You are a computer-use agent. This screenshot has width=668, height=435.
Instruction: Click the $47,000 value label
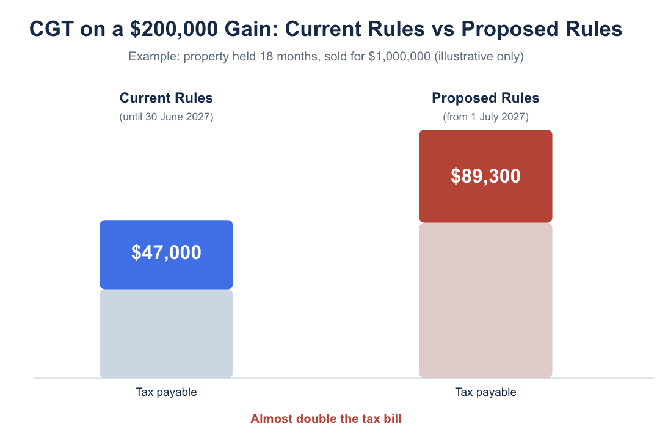(166, 252)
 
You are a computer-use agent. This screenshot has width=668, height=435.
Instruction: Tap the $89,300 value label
(485, 176)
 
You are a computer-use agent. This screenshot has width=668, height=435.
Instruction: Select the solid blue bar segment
(166, 255)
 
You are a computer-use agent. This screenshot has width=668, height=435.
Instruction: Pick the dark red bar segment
(485, 176)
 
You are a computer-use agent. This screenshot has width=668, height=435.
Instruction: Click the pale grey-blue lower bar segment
(166, 334)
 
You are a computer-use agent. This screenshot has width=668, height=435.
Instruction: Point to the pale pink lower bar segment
(485, 300)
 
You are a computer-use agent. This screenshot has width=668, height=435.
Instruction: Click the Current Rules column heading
(166, 98)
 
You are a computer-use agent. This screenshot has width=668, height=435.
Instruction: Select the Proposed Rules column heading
(485, 98)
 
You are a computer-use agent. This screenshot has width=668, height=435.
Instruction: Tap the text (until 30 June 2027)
(166, 117)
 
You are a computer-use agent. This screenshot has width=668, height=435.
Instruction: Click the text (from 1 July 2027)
(485, 117)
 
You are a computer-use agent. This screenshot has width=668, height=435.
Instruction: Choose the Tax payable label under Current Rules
(166, 392)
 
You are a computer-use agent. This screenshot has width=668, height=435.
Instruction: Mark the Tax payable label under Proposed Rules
(485, 392)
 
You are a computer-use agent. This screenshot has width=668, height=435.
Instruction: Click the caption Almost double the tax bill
(326, 419)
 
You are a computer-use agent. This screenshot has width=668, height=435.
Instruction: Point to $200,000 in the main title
(174, 29)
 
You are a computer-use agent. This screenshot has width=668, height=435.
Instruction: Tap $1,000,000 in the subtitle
(399, 57)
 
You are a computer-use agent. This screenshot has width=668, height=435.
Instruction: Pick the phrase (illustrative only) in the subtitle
(479, 57)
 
